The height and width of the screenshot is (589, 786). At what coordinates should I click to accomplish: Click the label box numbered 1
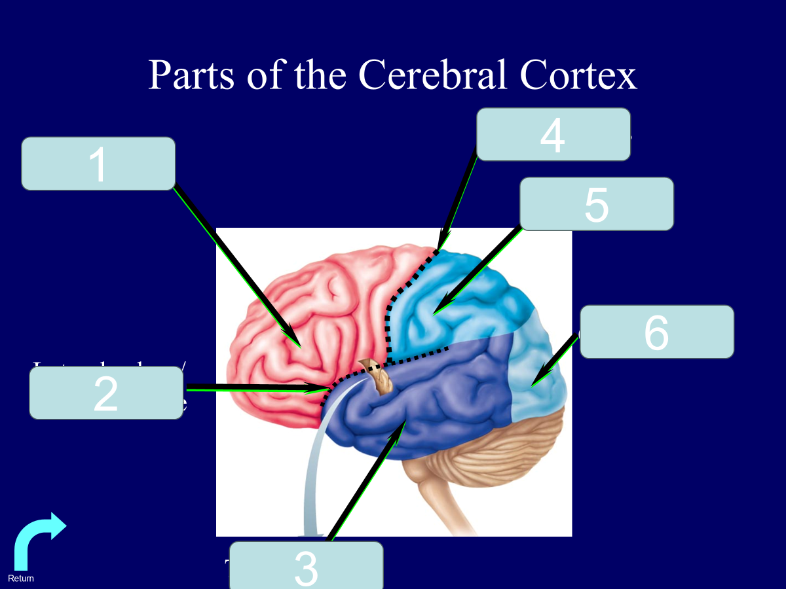[98, 164]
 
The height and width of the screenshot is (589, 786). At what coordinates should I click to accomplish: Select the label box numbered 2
[105, 393]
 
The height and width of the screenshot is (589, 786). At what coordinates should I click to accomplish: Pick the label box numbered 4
[553, 134]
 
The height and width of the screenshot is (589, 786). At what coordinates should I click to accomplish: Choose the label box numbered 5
[596, 204]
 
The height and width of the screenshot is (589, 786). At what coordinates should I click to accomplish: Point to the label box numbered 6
[656, 332]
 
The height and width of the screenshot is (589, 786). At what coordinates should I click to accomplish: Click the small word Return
[21, 579]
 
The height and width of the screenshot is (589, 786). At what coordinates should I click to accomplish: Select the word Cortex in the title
[578, 75]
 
